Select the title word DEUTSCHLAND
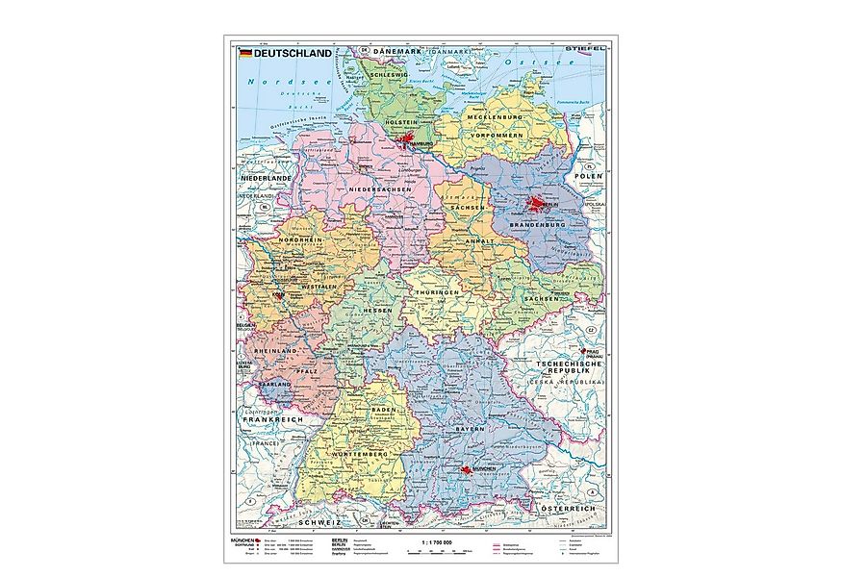286,53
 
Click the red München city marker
467,469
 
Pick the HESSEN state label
377,313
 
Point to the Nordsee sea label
268,83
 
